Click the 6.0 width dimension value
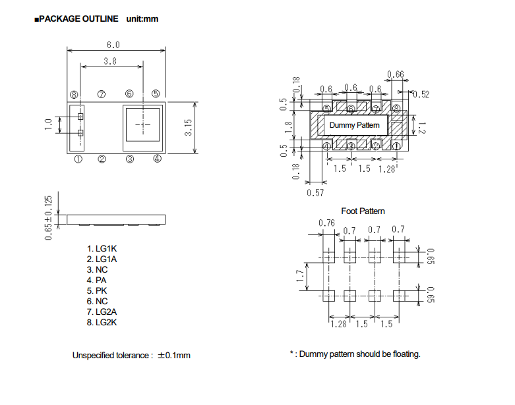113,45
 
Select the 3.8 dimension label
110,61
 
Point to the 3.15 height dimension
188,128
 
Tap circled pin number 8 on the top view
74,95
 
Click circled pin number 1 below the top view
78,159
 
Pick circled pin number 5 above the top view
156,94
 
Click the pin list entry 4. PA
96,281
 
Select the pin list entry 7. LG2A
102,312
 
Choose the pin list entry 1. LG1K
102,249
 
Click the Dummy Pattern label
354,125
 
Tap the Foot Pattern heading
363,211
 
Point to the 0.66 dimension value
396,74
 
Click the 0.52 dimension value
421,94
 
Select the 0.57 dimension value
315,193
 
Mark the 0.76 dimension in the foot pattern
326,223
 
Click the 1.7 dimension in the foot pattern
300,276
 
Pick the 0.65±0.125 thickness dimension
48,218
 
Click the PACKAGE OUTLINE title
79,18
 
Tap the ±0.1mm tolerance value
174,356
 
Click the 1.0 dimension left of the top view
48,124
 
